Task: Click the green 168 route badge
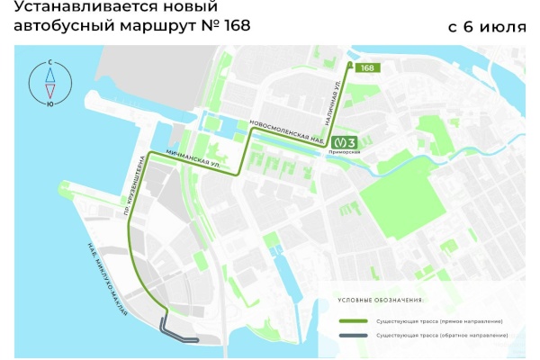[x=367, y=68]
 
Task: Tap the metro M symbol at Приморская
[x=339, y=141]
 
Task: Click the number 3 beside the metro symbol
[x=353, y=141]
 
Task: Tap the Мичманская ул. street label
[x=188, y=157]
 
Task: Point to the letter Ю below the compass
[x=50, y=103]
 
